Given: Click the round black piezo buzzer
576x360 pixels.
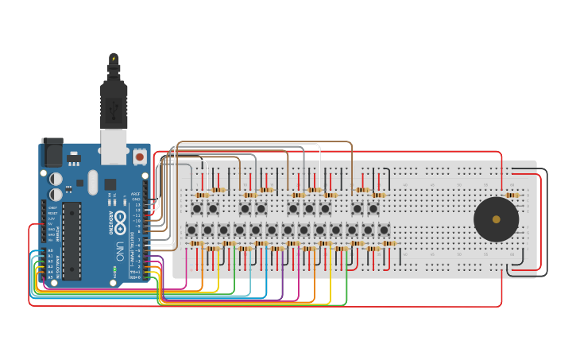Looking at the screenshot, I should click(x=496, y=219).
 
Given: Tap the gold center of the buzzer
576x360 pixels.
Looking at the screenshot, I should click(x=496, y=219).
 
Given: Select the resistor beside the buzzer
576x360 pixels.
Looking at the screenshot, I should click(x=512, y=195).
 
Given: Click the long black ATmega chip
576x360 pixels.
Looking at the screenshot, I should click(x=72, y=240).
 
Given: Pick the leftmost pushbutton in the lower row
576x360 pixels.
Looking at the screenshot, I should click(x=191, y=230).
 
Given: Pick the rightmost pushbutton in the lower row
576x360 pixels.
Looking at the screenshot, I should click(x=384, y=230).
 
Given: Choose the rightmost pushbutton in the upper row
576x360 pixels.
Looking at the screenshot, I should click(x=373, y=208).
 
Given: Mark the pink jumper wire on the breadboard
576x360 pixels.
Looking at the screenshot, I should click(x=186, y=266).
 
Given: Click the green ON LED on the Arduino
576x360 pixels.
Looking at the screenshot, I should click(x=114, y=270).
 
